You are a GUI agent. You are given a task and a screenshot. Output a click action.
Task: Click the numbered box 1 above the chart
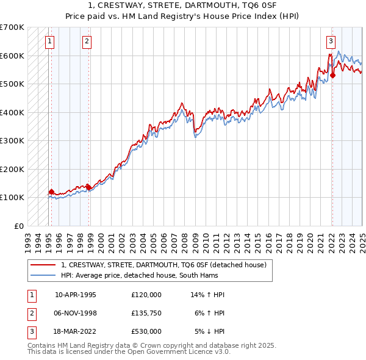click(49, 41)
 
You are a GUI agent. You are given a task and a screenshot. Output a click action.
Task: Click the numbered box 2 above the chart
click(87, 41)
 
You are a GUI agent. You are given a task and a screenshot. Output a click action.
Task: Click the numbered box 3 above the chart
click(330, 41)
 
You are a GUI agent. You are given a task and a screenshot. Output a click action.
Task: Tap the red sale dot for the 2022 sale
click(333, 76)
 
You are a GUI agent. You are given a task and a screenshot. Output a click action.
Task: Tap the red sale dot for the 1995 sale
click(51, 192)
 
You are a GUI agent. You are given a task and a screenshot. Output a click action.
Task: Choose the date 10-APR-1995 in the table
click(76, 295)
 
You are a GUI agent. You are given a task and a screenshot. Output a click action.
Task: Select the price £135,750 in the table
click(146, 313)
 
